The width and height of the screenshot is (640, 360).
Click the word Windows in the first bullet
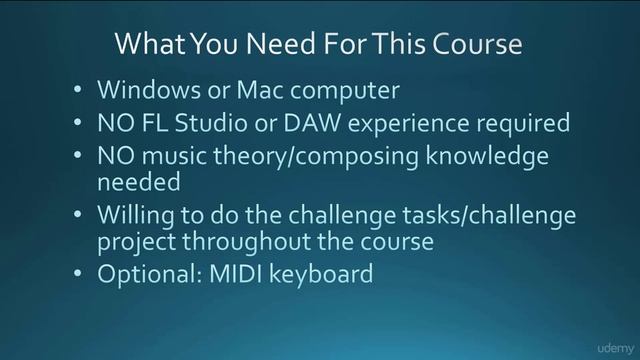[140, 90]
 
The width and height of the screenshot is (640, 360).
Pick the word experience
[426, 124]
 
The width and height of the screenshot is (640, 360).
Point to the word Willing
[134, 215]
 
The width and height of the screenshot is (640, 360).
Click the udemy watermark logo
[603, 343]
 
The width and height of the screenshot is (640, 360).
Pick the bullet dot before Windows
[78, 91]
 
